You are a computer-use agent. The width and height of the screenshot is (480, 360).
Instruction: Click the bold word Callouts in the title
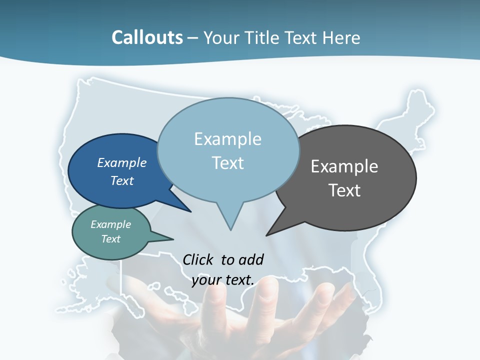click(147, 37)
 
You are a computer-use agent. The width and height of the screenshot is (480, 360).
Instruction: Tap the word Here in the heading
click(341, 37)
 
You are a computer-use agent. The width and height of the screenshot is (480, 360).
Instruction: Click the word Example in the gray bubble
click(344, 166)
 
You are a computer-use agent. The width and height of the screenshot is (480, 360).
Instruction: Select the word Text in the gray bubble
click(344, 190)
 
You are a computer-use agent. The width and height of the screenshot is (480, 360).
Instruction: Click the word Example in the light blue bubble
click(227, 139)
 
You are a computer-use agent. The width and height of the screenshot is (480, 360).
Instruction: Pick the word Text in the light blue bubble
click(227, 163)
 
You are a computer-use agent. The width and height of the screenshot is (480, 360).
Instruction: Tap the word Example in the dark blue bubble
click(121, 163)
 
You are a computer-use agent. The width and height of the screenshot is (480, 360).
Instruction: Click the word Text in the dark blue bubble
click(121, 180)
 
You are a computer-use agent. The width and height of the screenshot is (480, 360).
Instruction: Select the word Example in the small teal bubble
click(110, 224)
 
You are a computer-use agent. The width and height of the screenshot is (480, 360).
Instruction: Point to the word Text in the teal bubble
click(110, 239)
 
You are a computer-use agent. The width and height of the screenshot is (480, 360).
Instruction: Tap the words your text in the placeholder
click(223, 280)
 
